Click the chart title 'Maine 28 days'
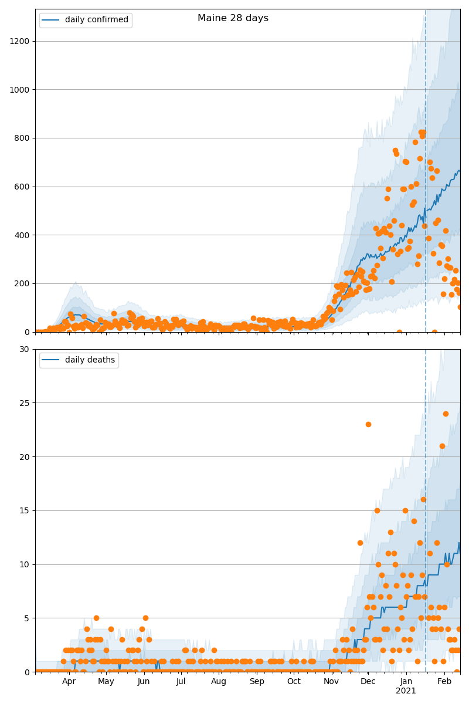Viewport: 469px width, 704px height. click(x=233, y=18)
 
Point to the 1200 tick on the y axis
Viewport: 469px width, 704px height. click(x=21, y=41)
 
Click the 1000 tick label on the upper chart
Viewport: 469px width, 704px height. click(x=21, y=90)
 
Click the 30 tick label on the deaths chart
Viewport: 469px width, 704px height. click(x=25, y=349)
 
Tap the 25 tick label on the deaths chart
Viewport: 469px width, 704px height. click(x=25, y=403)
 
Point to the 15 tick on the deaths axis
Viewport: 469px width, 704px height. click(x=25, y=510)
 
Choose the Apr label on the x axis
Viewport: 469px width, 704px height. click(x=69, y=682)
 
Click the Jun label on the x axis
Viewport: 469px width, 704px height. click(x=144, y=682)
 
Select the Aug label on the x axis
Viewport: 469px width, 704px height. click(x=219, y=682)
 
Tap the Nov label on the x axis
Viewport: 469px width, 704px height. click(x=332, y=682)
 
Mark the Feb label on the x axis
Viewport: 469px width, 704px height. click(x=444, y=682)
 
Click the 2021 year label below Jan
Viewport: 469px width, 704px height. click(x=406, y=691)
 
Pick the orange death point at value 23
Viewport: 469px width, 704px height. click(x=368, y=424)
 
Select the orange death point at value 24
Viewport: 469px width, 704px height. click(x=446, y=414)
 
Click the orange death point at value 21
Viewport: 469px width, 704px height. click(x=442, y=446)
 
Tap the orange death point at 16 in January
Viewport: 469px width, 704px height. click(x=423, y=500)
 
